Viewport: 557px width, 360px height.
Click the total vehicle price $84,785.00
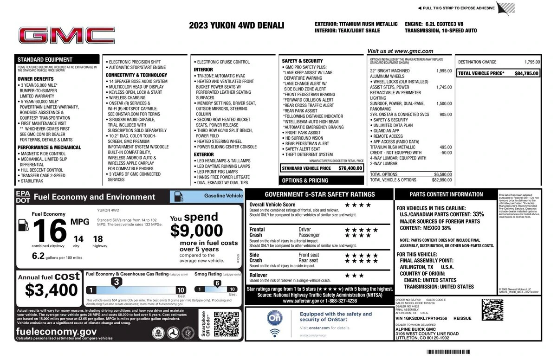pos(526,73)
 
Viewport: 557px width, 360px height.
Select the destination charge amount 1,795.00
pos(532,62)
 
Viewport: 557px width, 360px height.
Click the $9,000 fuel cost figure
pos(196,230)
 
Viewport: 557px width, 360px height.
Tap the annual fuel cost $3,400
pos(51,290)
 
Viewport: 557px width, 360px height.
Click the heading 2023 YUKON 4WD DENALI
pos(236,26)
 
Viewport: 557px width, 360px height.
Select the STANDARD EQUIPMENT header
pos(45,59)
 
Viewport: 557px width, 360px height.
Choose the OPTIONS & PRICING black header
pos(305,180)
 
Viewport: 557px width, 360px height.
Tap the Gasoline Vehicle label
pos(223,196)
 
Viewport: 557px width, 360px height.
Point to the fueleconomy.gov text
pos(56,331)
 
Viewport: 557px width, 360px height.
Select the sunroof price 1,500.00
pos(444,103)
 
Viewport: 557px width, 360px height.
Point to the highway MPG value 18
pos(97,239)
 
